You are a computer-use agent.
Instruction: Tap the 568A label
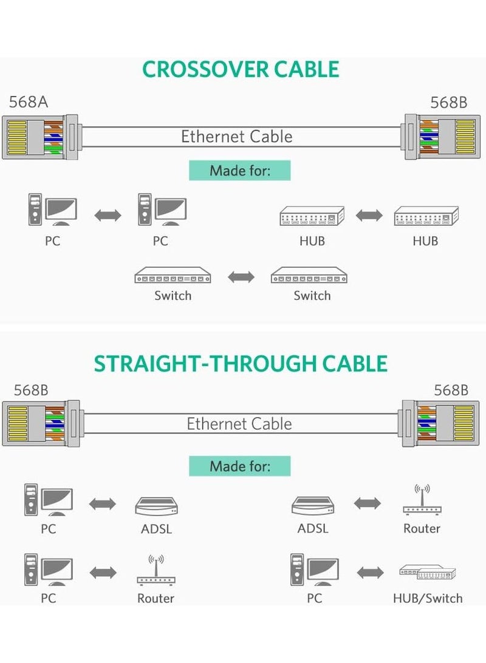(x=28, y=101)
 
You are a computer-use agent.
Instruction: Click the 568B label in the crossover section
(x=449, y=102)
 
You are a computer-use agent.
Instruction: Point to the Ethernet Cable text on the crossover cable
(x=237, y=137)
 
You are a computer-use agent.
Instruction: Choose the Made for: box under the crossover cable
(x=239, y=170)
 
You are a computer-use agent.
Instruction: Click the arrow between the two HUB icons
(x=369, y=216)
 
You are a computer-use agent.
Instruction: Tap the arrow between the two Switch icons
(x=241, y=277)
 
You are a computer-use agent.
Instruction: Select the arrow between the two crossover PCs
(x=108, y=215)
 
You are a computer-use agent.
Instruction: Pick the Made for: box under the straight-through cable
(x=239, y=466)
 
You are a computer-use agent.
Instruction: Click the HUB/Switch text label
(x=427, y=599)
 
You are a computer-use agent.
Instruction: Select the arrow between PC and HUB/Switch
(x=370, y=572)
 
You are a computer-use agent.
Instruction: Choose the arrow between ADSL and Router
(x=367, y=503)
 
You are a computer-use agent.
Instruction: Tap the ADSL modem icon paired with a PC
(x=156, y=505)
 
